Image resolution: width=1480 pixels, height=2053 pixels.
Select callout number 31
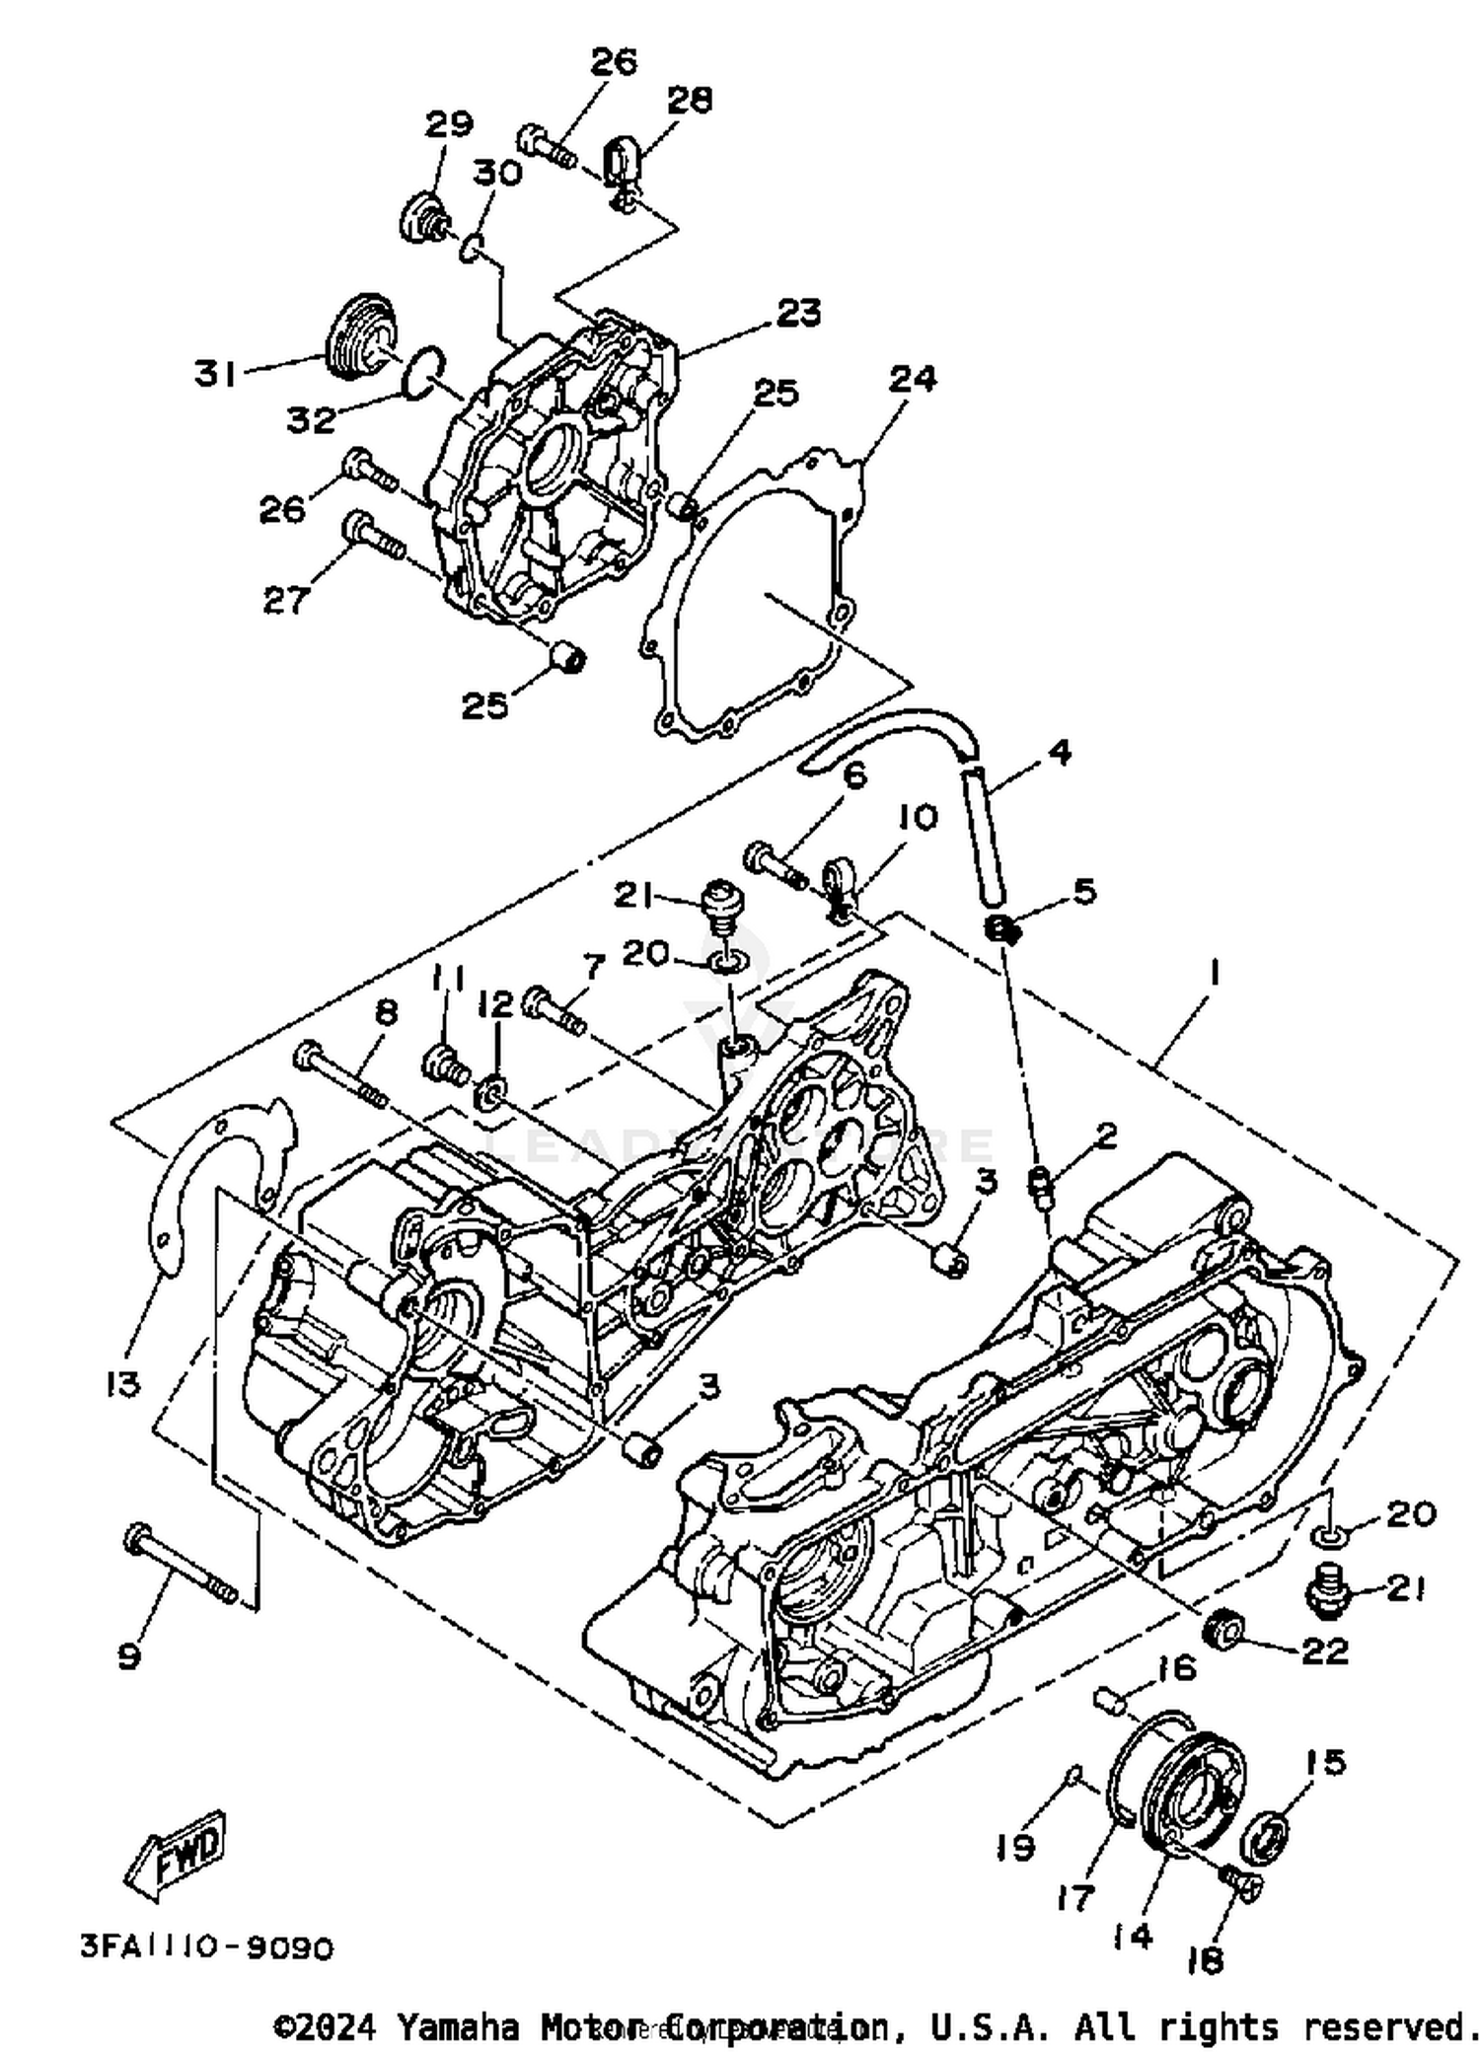point(215,374)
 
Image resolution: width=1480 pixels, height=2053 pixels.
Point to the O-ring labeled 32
point(424,370)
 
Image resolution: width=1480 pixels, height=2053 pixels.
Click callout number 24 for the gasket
point(913,378)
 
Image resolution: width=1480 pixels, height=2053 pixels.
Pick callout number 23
point(798,313)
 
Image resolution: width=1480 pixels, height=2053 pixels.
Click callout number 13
point(123,1384)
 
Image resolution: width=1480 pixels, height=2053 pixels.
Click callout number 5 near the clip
point(1083,891)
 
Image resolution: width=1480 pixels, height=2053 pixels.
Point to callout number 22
point(1324,1651)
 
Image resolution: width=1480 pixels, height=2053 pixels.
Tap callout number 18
point(1205,1960)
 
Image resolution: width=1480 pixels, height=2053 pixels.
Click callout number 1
point(1214,975)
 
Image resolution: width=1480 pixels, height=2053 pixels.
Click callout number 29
point(449,123)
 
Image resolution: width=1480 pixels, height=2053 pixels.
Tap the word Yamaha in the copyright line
point(459,2027)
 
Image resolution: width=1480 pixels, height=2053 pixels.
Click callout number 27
point(286,599)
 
